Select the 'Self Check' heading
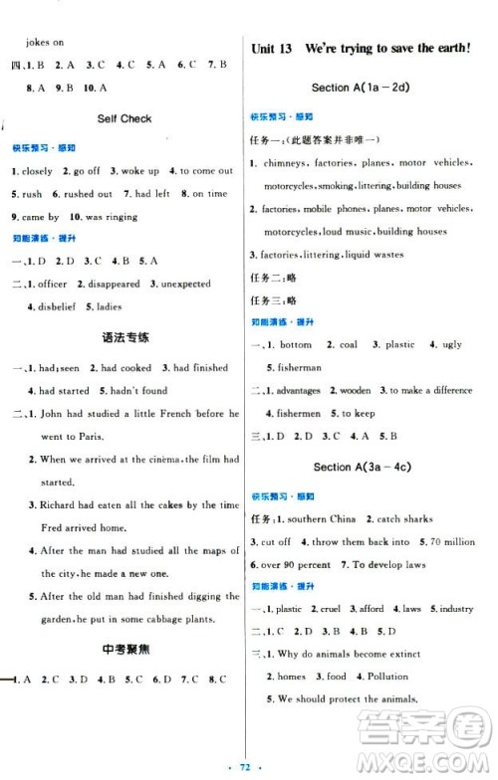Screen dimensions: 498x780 coord(124,118)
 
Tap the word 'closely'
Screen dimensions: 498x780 coord(39,170)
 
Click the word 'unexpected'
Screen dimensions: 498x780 coord(185,284)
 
